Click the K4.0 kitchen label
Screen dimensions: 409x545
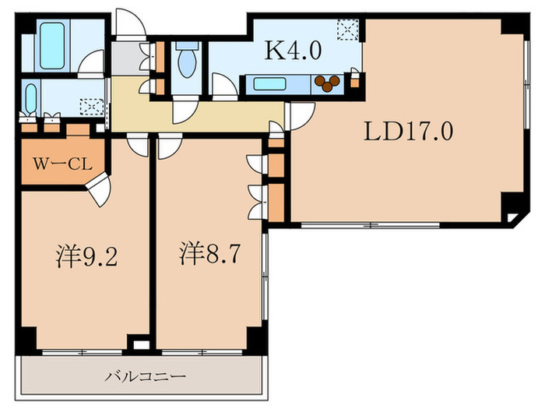click(293, 51)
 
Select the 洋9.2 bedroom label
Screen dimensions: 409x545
click(86, 256)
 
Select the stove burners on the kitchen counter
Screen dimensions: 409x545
click(328, 81)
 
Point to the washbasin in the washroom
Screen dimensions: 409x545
click(30, 98)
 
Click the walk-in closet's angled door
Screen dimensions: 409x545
click(98, 189)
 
